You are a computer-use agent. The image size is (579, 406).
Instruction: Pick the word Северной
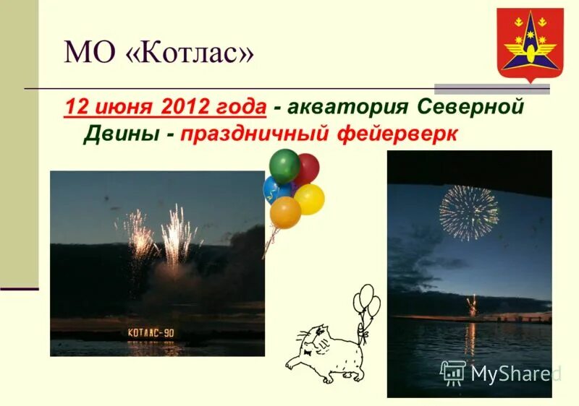coord(470,107)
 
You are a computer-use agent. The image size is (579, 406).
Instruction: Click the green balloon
coord(284,165)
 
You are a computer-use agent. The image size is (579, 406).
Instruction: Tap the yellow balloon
coord(309,199)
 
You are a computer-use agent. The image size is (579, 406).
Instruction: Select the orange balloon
coord(285,212)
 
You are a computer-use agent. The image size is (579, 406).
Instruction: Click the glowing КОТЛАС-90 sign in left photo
coord(151,333)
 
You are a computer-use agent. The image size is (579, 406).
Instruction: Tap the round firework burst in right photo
coord(469,212)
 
